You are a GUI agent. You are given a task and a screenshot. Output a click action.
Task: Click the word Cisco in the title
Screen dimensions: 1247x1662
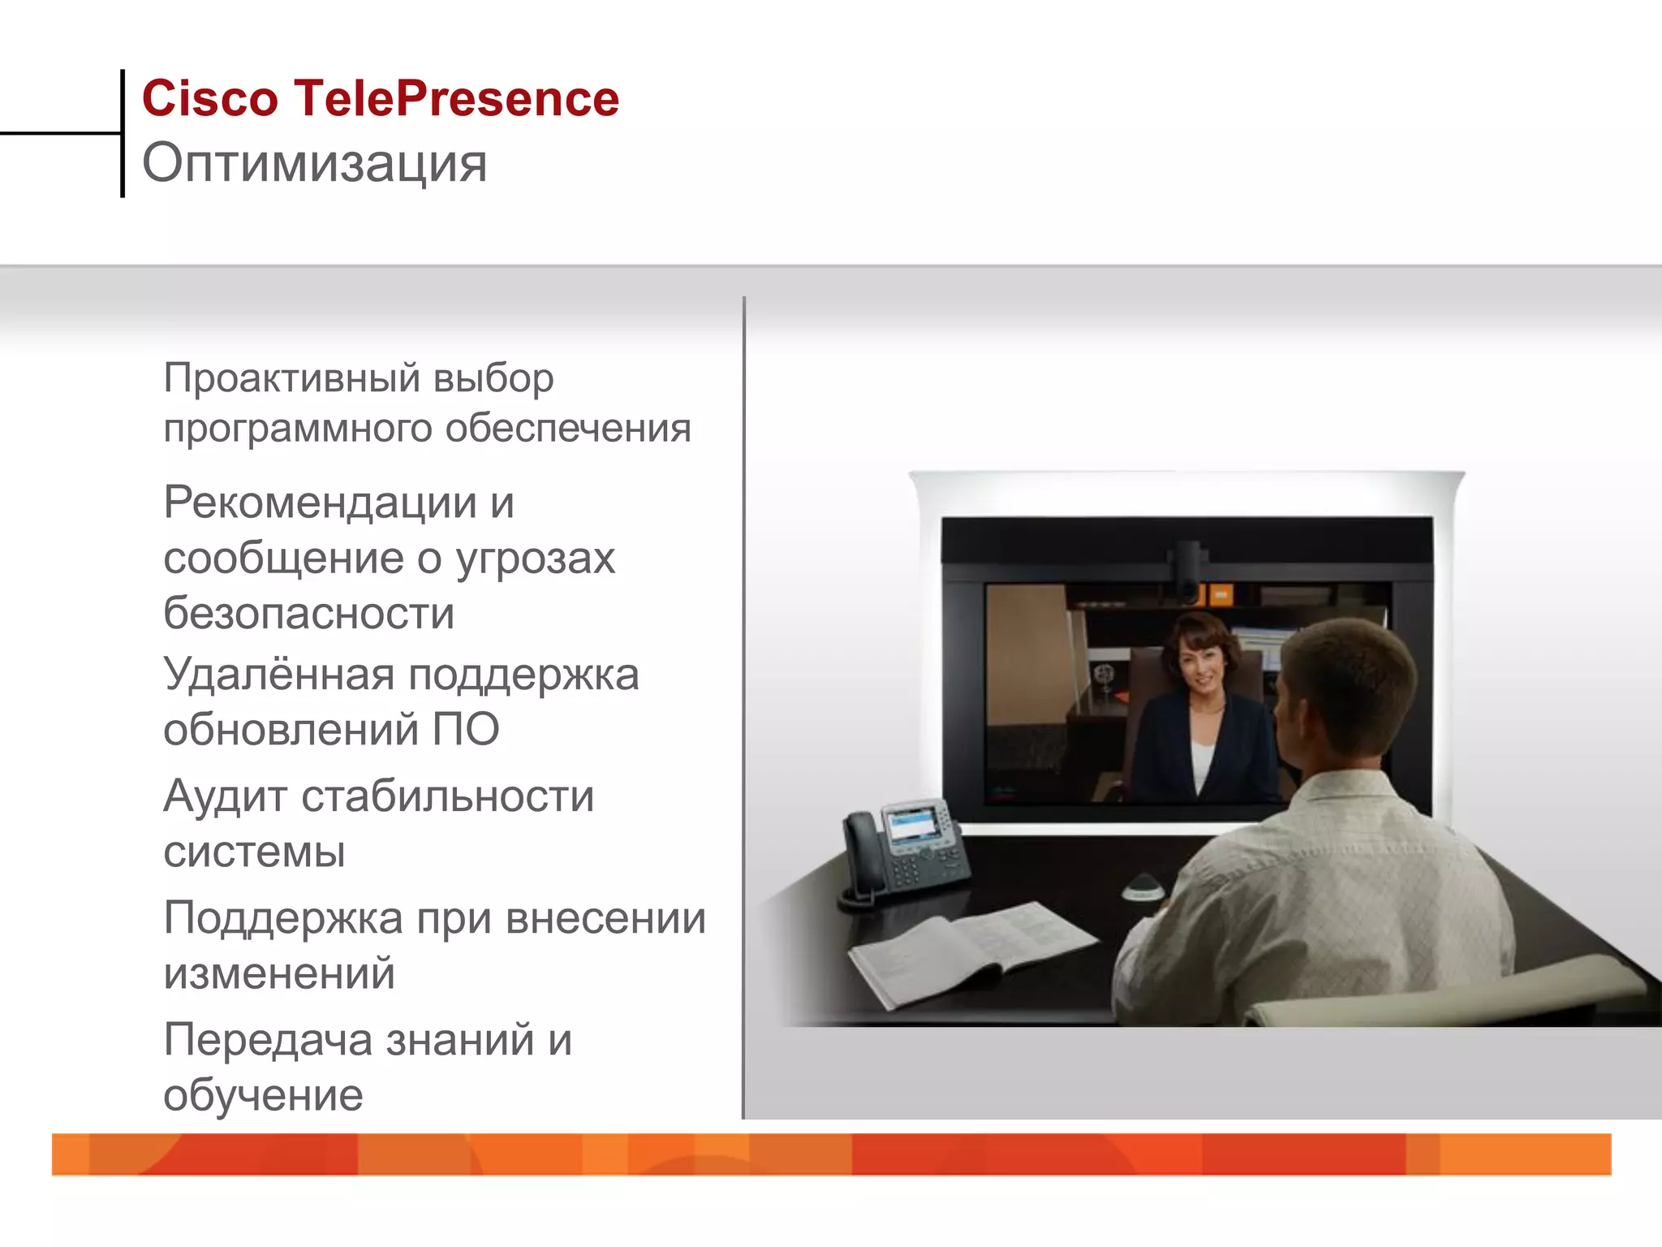click(209, 99)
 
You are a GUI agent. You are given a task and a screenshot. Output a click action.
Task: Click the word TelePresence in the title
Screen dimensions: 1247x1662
click(456, 99)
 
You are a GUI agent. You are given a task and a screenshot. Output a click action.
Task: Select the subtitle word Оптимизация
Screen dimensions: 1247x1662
click(315, 164)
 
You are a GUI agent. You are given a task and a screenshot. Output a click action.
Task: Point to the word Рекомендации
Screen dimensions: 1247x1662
click(319, 503)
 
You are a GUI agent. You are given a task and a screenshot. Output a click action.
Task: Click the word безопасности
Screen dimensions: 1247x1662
click(308, 613)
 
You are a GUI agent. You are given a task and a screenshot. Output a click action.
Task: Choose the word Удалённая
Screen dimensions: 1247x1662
click(278, 675)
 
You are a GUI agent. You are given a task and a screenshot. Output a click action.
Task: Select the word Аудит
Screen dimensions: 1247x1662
click(225, 796)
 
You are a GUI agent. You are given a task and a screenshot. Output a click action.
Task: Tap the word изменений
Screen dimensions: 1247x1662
click(279, 973)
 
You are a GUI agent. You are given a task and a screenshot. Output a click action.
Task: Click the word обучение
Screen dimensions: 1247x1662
click(263, 1095)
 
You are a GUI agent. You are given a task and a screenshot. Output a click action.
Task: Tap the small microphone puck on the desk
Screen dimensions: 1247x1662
click(1144, 889)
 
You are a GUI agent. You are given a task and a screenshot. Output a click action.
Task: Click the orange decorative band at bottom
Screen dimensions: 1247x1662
click(831, 1154)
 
